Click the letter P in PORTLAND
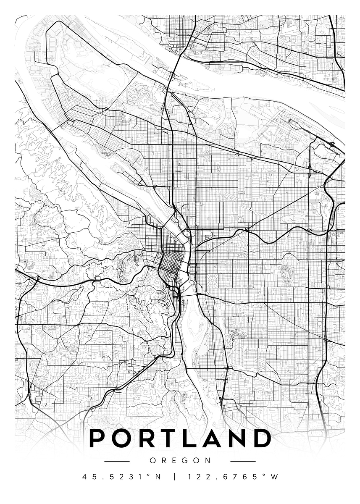[97, 438]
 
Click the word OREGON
[180, 460]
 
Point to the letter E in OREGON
[173, 460]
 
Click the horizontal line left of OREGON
[117, 461]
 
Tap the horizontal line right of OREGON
[243, 461]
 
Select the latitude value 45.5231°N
[121, 477]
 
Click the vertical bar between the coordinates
[174, 477]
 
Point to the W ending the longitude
[274, 477]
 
